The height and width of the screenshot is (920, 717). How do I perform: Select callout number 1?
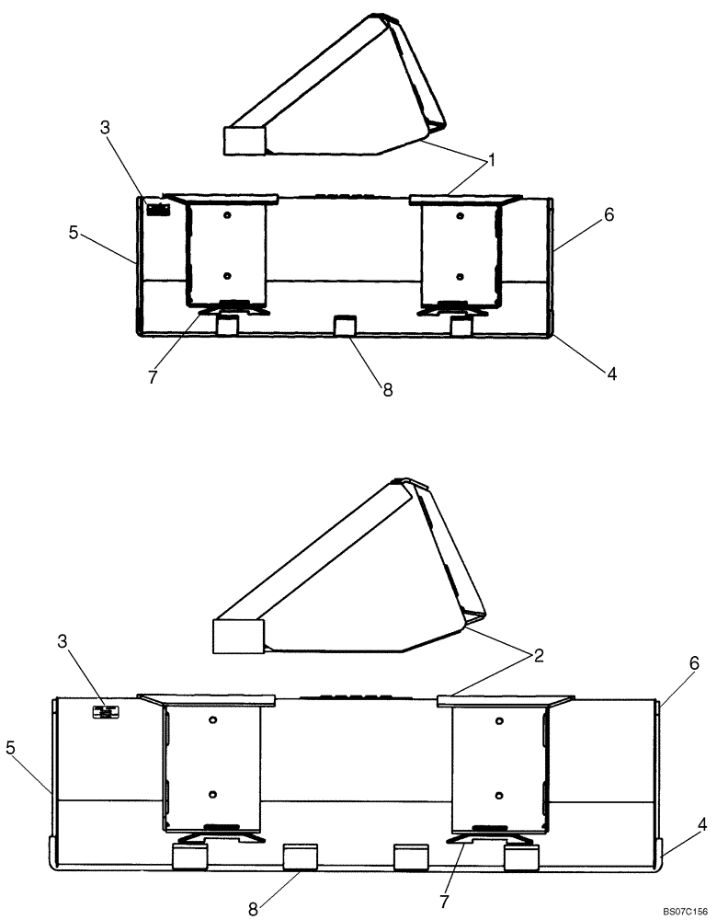(492, 161)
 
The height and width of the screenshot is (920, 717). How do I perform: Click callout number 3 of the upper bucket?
(106, 128)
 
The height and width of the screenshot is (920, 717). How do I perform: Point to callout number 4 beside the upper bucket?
(610, 374)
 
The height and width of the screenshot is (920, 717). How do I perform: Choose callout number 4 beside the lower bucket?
(701, 826)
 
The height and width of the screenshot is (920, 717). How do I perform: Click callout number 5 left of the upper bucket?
(73, 233)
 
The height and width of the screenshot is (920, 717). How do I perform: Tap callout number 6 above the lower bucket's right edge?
(695, 662)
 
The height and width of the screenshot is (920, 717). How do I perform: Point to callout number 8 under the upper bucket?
(387, 389)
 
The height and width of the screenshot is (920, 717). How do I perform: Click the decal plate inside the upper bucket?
(158, 209)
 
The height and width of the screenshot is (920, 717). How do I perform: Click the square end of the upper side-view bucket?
(245, 140)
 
